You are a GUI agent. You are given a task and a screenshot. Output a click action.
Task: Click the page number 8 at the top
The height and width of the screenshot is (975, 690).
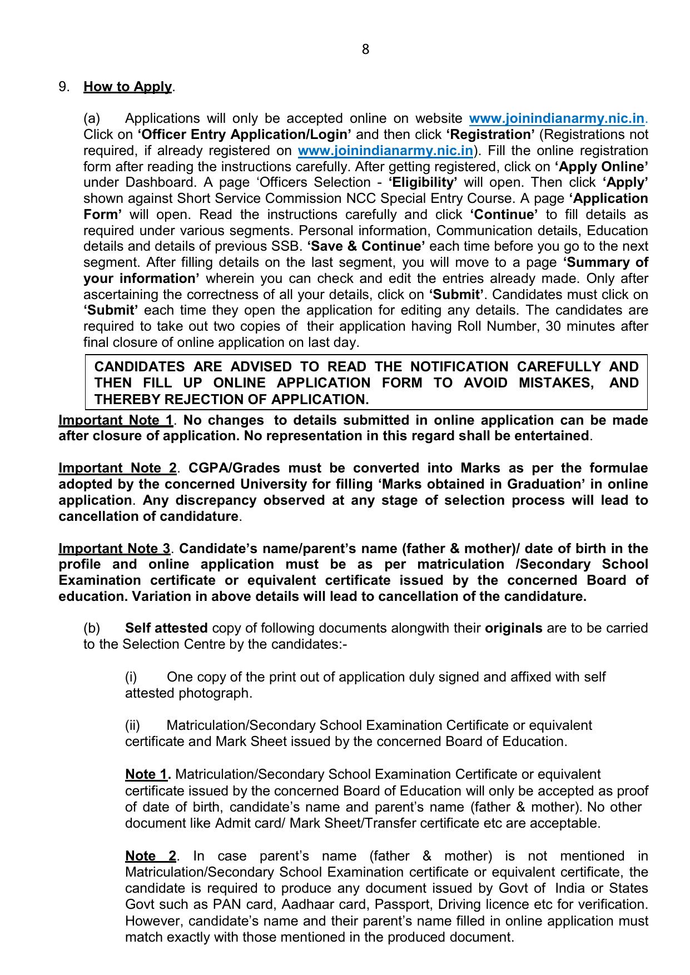click(x=365, y=49)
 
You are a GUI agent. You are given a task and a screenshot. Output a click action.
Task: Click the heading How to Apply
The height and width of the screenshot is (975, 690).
click(x=127, y=87)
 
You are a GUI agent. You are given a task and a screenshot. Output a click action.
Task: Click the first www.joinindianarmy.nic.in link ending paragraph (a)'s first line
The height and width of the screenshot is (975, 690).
click(x=557, y=119)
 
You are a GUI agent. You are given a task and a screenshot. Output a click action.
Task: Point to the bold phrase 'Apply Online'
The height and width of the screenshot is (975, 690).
click(x=602, y=167)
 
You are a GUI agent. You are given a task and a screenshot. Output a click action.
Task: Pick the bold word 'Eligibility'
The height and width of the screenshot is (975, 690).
click(x=423, y=183)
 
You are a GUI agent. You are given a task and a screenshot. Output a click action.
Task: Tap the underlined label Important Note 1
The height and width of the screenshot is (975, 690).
click(x=116, y=420)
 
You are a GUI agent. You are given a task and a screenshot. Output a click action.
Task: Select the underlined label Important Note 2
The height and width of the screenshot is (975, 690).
click(x=117, y=468)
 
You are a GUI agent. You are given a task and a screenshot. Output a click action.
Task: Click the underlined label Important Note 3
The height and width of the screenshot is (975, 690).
click(x=114, y=549)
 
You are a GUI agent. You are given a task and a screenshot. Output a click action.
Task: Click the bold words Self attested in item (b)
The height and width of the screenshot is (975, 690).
click(x=166, y=628)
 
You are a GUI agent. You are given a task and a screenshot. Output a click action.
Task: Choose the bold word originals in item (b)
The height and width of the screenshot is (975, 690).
click(x=513, y=628)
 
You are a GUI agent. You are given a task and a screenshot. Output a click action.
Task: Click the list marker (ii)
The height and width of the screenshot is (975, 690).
click(x=132, y=725)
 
